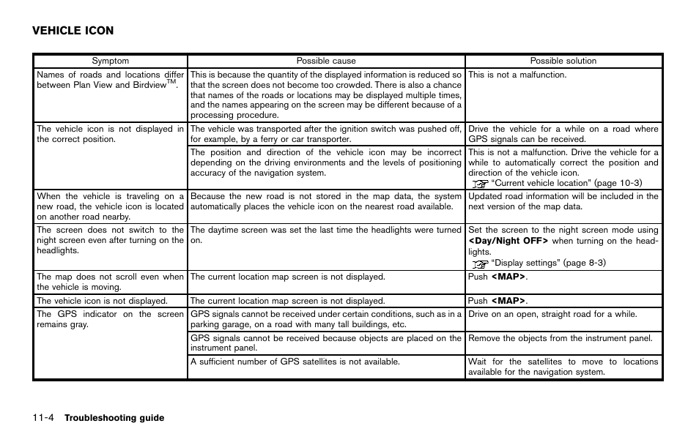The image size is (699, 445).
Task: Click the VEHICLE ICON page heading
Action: pos(73,31)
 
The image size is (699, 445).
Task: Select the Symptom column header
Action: pos(110,61)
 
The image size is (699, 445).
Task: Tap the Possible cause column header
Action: pos(325,61)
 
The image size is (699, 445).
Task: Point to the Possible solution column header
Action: pos(563,61)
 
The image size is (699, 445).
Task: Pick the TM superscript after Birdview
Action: pos(173,82)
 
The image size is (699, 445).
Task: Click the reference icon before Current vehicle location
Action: pos(479,183)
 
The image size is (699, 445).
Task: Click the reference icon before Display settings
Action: pos(479,263)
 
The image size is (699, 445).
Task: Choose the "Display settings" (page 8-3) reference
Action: pos(548,263)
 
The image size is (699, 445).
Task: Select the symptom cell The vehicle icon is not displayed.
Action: pos(102,301)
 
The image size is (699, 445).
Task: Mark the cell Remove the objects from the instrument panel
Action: pos(560,338)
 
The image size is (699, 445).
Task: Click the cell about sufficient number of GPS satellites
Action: pos(295,362)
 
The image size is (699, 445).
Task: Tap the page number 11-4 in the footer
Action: pos(42,418)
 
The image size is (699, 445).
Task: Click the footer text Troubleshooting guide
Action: pos(114,418)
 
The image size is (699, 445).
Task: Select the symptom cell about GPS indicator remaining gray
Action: pos(110,319)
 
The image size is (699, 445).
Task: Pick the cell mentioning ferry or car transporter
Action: pos(325,134)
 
